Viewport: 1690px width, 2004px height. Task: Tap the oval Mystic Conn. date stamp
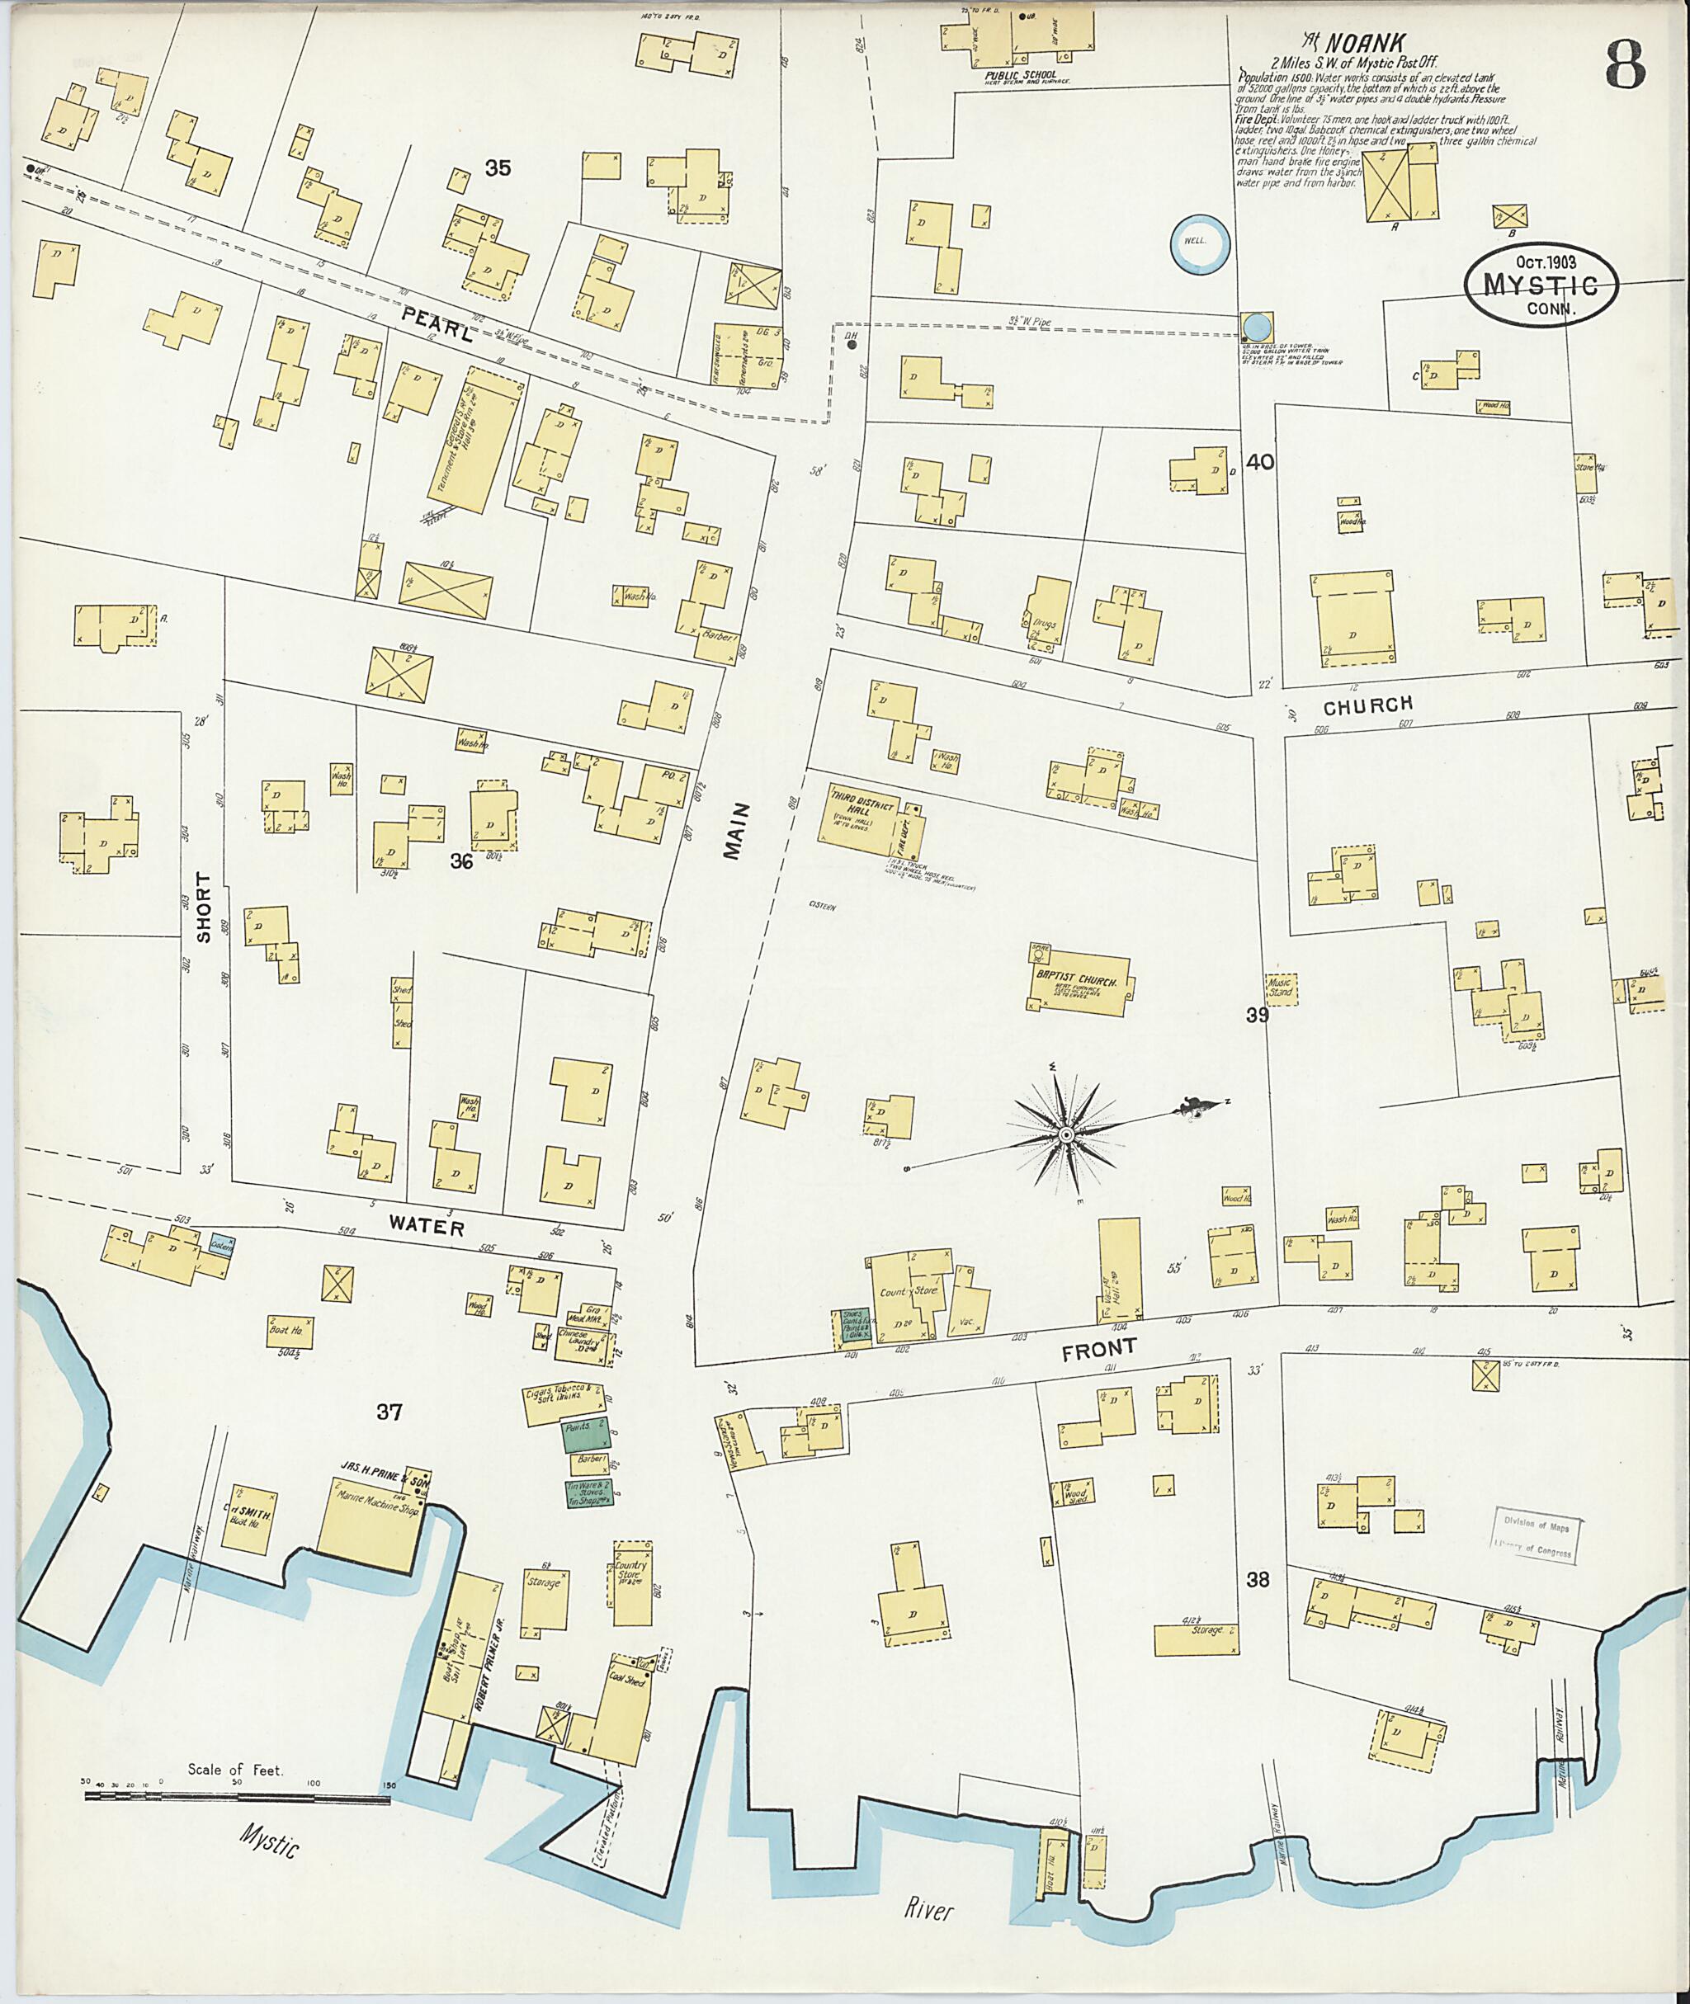[1541, 284]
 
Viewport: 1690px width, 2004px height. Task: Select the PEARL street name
[438, 323]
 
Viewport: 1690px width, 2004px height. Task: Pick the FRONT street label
[1100, 1350]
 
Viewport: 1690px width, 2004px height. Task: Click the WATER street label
[427, 1227]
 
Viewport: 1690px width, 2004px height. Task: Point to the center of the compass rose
[1065, 1135]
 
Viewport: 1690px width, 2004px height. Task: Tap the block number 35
[498, 168]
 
